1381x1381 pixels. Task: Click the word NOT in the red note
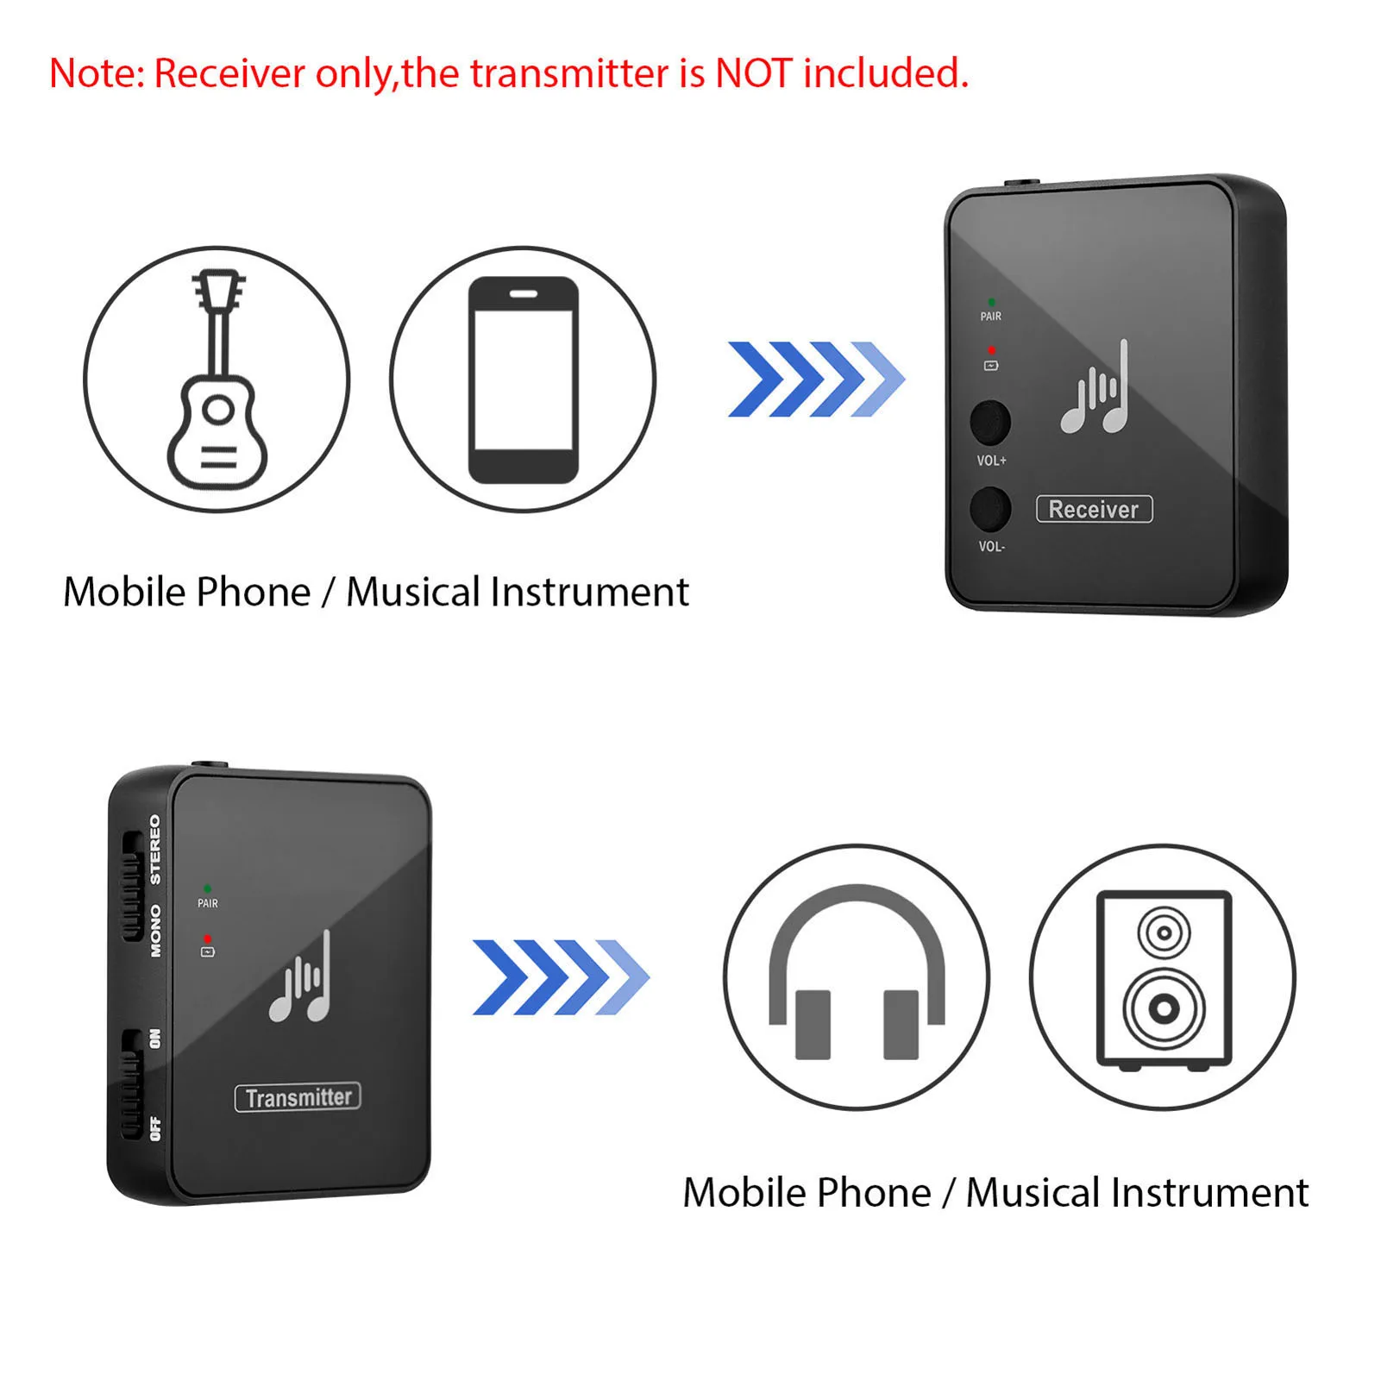click(752, 73)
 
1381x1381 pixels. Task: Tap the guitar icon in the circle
click(217, 380)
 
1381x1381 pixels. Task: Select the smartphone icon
click(523, 380)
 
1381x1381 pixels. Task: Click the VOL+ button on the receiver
click(989, 422)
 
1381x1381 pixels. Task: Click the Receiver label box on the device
click(1094, 509)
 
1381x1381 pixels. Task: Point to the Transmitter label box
click(298, 1097)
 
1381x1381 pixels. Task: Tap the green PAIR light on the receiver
click(991, 302)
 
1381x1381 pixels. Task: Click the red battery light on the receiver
click(991, 349)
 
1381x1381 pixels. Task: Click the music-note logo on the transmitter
click(301, 979)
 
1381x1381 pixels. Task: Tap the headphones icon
click(857, 976)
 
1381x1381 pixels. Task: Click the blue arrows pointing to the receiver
click(815, 380)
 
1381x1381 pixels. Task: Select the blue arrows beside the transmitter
click(561, 976)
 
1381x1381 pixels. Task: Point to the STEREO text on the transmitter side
click(155, 849)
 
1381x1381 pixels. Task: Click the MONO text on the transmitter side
click(155, 931)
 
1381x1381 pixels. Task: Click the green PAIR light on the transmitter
click(207, 888)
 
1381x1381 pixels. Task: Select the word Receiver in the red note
click(229, 73)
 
